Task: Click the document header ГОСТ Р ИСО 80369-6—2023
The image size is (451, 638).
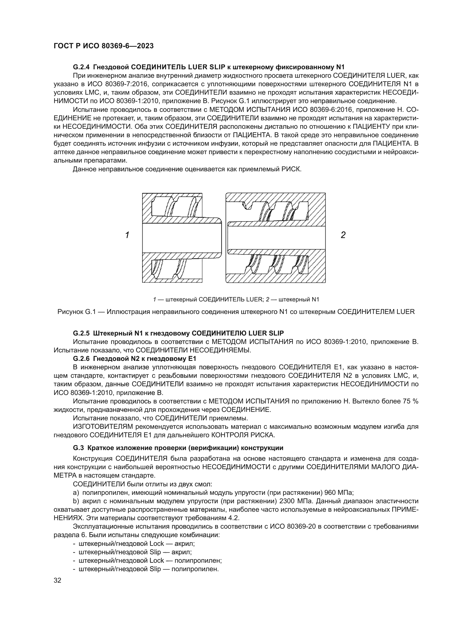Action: [x=103, y=46]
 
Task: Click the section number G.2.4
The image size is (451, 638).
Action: [x=82, y=67]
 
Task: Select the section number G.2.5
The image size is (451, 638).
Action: [x=82, y=333]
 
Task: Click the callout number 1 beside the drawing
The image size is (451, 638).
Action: [x=127, y=235]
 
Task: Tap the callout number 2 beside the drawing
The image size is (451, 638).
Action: [x=343, y=235]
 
